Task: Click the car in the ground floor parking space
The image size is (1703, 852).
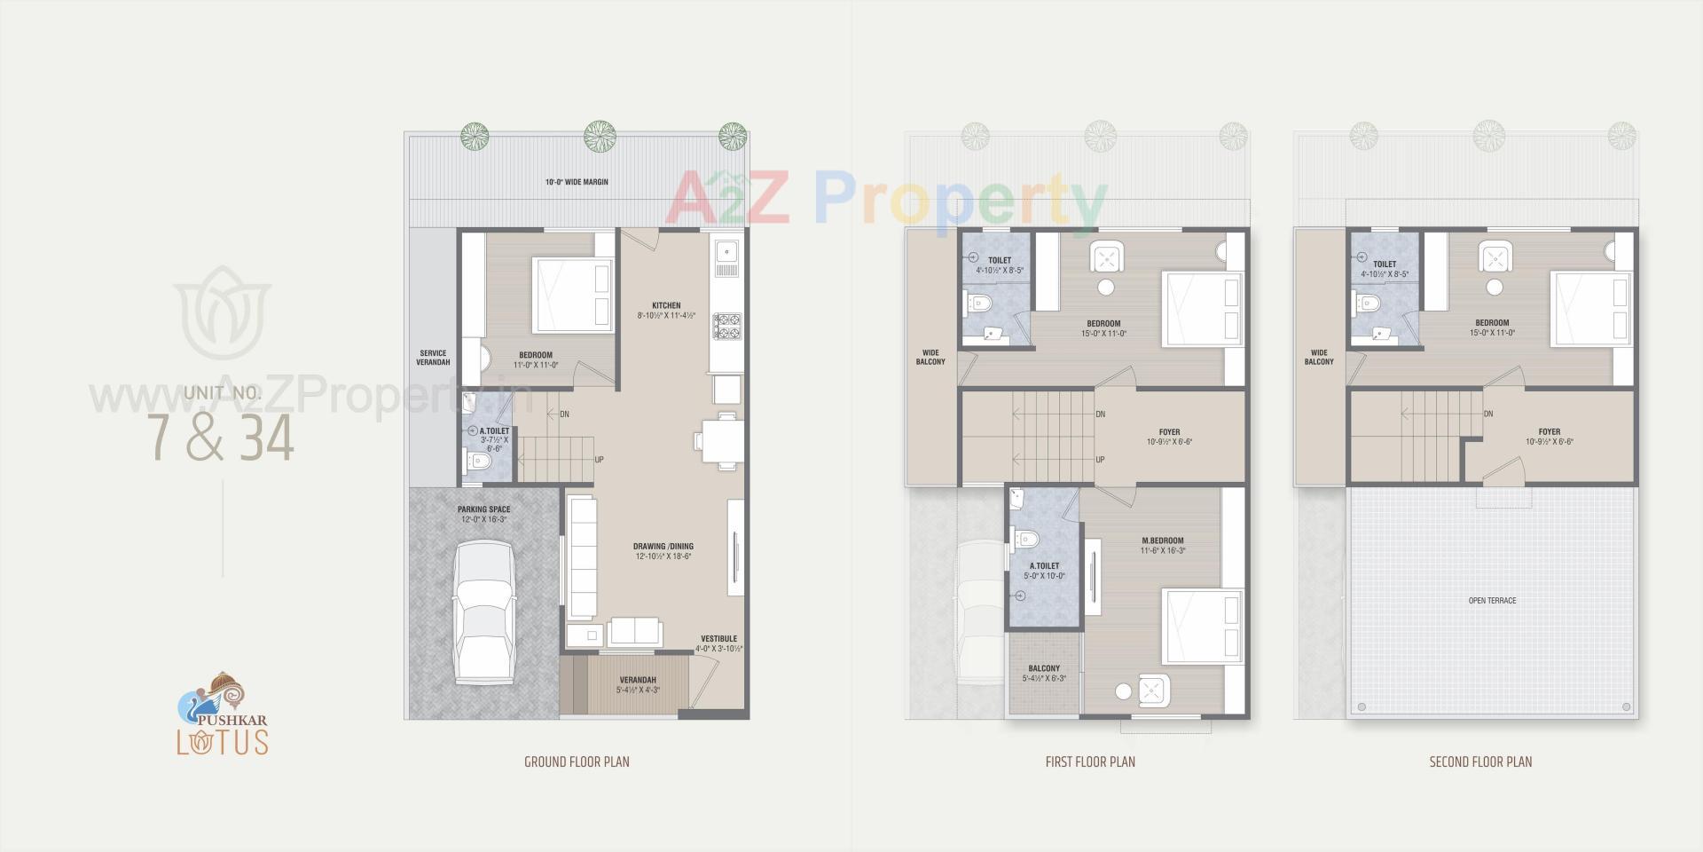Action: click(x=484, y=612)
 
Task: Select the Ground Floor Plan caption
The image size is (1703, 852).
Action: click(x=577, y=761)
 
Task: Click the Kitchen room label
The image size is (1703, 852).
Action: click(x=666, y=306)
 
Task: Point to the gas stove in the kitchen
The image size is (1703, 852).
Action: click(x=726, y=326)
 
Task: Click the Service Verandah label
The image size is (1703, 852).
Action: click(x=433, y=358)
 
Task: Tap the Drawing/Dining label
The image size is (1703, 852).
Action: click(x=663, y=547)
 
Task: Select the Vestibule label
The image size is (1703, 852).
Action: click(x=718, y=639)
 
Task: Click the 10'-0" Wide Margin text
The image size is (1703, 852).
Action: click(x=577, y=182)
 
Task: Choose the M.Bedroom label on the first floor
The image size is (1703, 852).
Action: click(x=1162, y=540)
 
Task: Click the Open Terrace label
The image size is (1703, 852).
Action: click(x=1492, y=601)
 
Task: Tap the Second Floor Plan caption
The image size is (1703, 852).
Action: click(x=1480, y=761)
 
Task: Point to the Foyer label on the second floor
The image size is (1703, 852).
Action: click(x=1550, y=432)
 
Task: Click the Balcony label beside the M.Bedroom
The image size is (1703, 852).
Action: click(x=1044, y=668)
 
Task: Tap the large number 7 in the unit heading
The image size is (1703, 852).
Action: click(x=161, y=438)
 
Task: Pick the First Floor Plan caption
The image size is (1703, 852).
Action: click(x=1090, y=761)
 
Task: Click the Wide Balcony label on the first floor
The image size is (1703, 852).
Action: click(x=930, y=358)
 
